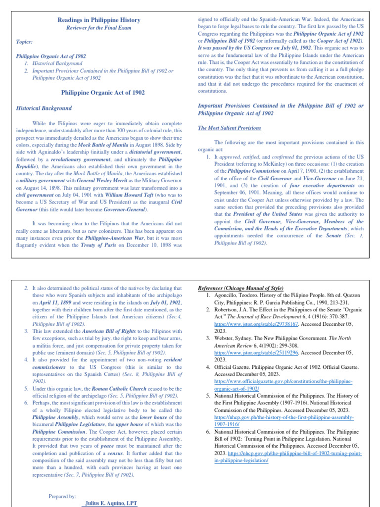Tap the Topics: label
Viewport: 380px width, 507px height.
[x=25, y=43]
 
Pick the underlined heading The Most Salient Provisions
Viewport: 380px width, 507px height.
[x=229, y=128]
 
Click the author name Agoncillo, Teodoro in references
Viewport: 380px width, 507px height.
[x=235, y=295]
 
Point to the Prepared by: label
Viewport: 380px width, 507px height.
[x=62, y=496]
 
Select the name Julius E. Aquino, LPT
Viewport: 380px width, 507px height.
[x=111, y=503]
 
